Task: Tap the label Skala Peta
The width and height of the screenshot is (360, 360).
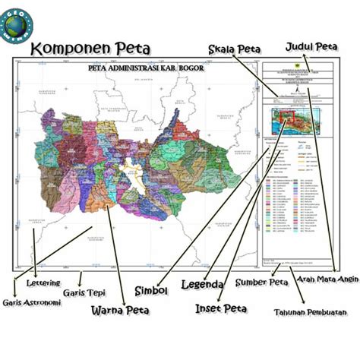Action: point(237,49)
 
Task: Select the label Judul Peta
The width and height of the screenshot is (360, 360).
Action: point(311,46)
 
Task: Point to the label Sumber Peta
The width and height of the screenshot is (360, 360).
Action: point(261,284)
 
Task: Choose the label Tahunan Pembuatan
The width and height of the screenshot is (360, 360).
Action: point(307,312)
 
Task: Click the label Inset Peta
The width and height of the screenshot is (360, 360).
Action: point(221,308)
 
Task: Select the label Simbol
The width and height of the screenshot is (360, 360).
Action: point(151,290)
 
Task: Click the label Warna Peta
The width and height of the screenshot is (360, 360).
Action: point(119,310)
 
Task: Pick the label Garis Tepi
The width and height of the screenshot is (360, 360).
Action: point(84,292)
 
